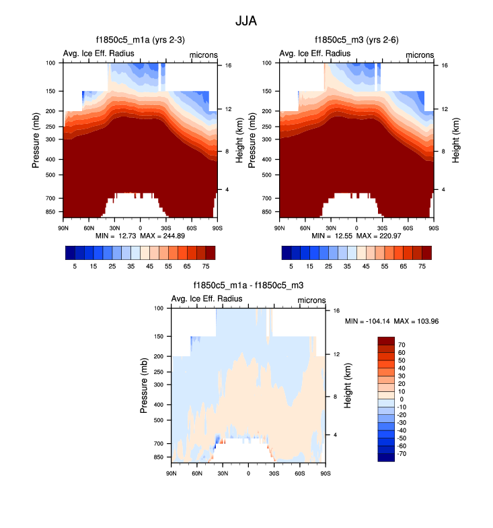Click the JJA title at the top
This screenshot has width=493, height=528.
click(x=246, y=21)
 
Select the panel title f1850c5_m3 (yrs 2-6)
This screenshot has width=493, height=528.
click(x=356, y=41)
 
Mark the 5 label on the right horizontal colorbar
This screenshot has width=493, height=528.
click(x=291, y=267)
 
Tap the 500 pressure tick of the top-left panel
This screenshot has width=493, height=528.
click(x=50, y=174)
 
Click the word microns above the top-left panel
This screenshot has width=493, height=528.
click(x=202, y=54)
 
